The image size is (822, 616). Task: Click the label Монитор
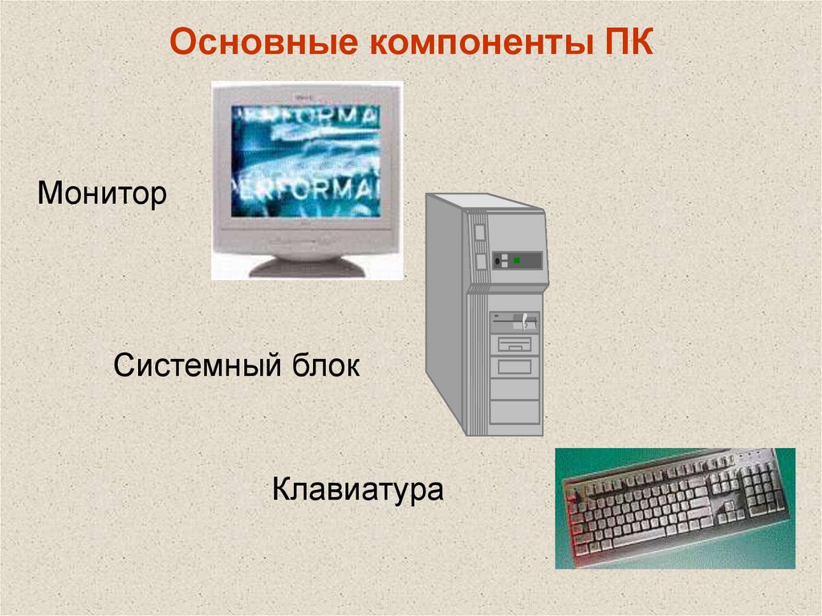101,194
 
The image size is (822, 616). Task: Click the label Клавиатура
357,488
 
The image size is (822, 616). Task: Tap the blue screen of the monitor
306,161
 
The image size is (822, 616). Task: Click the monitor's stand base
307,266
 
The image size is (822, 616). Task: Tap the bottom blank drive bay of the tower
515,411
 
